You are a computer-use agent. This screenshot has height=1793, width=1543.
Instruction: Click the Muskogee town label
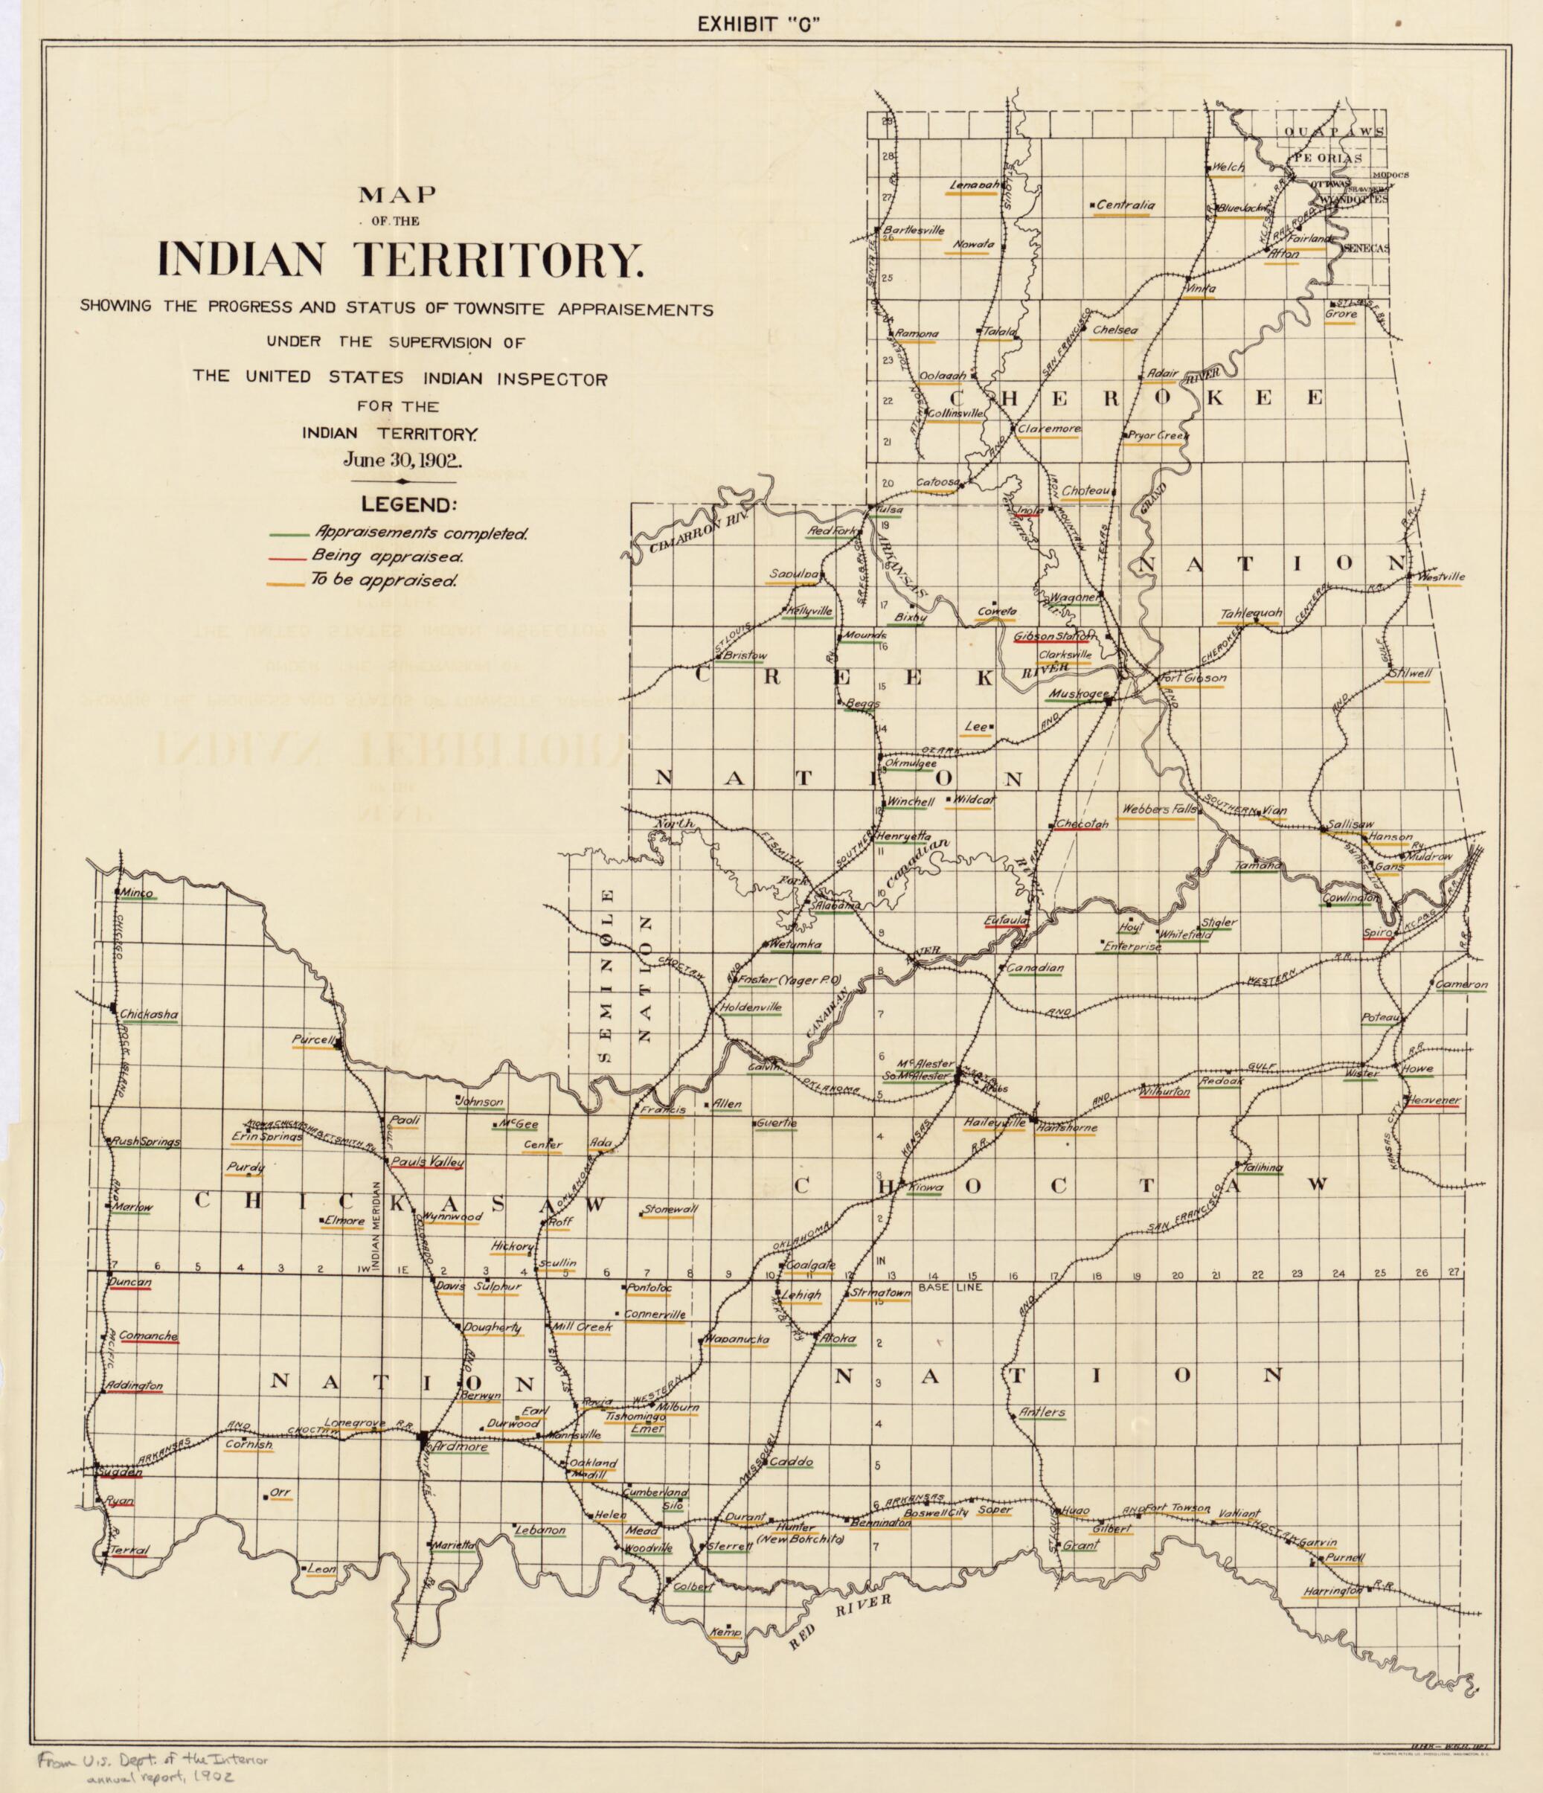1073,693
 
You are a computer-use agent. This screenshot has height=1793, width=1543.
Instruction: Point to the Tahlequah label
1251,615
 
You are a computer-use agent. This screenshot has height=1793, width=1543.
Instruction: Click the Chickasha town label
149,1013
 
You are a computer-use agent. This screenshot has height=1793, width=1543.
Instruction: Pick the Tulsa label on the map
891,510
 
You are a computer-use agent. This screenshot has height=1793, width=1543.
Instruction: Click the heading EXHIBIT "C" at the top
758,25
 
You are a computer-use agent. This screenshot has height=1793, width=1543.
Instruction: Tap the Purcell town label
312,1040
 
